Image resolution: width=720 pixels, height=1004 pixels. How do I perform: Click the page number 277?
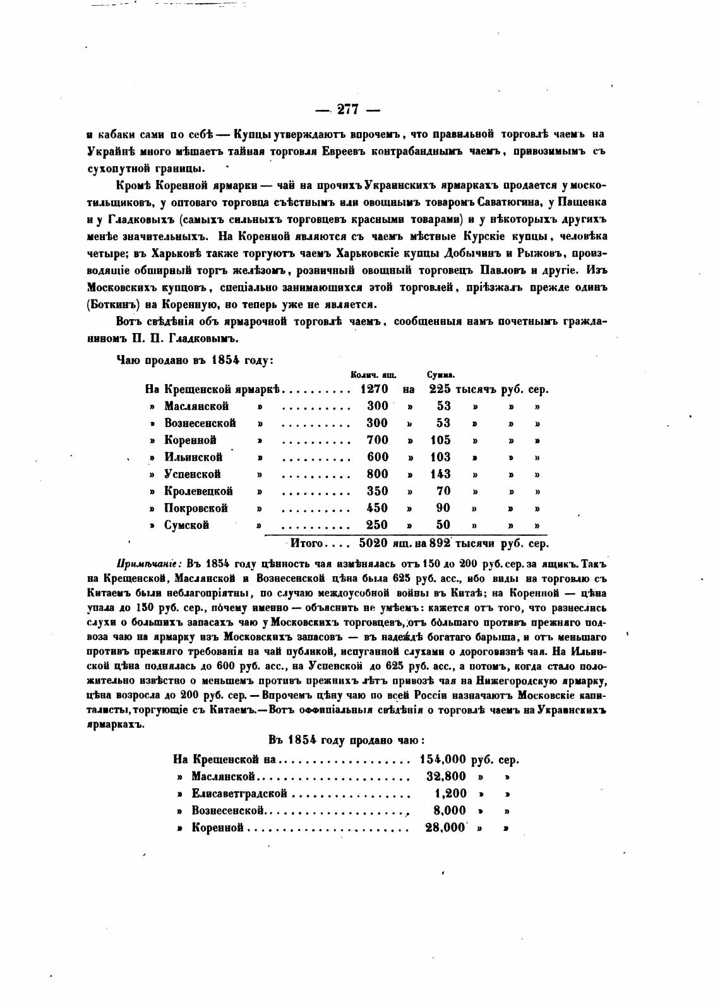[x=348, y=109]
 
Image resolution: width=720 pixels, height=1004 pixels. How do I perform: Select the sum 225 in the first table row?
[x=440, y=389]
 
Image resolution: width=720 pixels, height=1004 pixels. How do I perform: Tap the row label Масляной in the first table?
[x=196, y=406]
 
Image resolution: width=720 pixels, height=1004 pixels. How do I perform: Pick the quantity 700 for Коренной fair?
[x=378, y=440]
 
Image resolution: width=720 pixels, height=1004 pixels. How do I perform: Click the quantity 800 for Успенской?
[x=378, y=474]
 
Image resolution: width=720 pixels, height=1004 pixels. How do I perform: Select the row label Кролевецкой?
[x=198, y=491]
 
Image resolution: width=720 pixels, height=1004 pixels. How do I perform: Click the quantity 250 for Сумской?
[x=378, y=525]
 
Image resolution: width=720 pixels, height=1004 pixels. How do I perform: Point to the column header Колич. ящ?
[x=369, y=375]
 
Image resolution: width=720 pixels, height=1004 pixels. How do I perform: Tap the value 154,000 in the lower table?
[x=442, y=759]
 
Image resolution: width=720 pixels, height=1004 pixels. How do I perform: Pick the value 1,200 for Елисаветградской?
[x=451, y=794]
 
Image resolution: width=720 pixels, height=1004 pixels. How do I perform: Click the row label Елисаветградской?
[x=239, y=794]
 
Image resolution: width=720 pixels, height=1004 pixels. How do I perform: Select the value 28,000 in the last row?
[x=445, y=828]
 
